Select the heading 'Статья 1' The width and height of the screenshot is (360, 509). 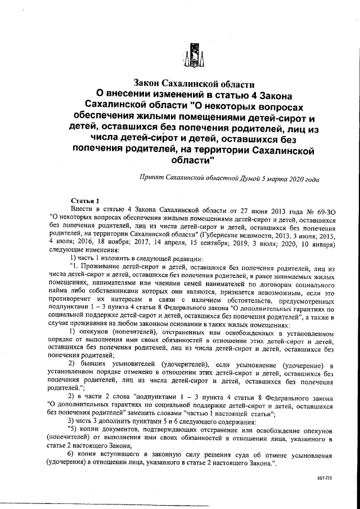[85, 200]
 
